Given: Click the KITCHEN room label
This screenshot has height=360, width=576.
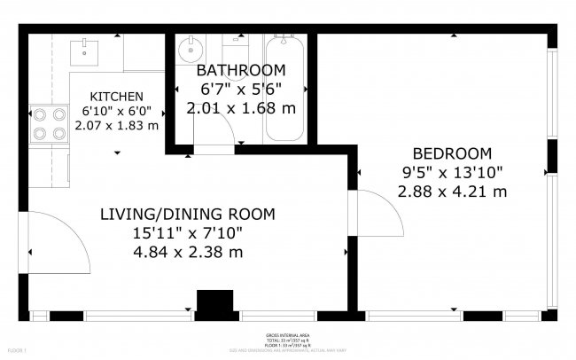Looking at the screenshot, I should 117,97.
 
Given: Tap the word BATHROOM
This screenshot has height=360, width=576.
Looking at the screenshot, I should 241,70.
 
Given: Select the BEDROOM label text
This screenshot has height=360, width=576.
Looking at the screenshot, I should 452,153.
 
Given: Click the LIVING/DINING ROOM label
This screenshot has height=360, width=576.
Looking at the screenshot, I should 187,214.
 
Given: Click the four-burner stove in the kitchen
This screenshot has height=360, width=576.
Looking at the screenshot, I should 49,124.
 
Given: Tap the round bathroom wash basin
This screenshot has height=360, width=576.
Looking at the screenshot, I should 190,50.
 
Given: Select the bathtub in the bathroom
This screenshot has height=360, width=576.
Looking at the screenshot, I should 285,89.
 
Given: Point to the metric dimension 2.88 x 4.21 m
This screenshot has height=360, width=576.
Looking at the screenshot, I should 452,192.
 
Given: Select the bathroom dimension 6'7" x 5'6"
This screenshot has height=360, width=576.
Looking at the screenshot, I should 241,89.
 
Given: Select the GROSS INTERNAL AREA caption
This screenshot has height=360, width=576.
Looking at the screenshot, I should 288,335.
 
